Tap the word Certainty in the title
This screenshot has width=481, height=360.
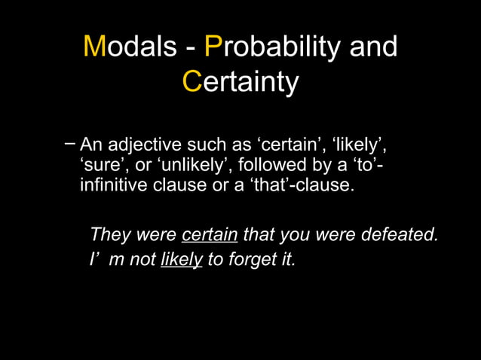tap(240, 81)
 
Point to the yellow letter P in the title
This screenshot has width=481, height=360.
tap(213, 47)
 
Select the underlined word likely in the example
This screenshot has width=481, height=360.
tap(182, 261)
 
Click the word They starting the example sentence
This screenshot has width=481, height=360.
tap(109, 235)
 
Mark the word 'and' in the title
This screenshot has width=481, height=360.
tap(373, 47)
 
